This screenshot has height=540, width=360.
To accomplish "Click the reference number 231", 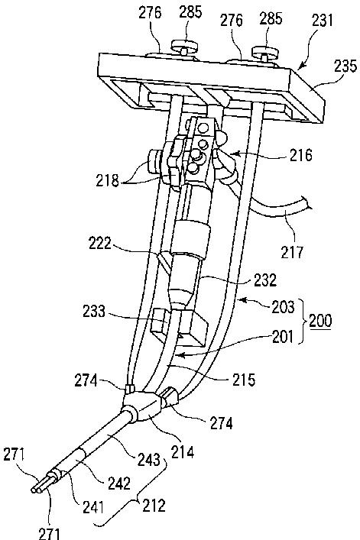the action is coord(323,20).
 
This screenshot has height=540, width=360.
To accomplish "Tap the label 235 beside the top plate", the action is coord(345,65).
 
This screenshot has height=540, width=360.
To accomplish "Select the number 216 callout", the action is coord(301,155).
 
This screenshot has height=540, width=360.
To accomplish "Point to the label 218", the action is coord(108,180).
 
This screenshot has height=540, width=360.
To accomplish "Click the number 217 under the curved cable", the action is coord(293,253).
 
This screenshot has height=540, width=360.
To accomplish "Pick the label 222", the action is coord(100,244).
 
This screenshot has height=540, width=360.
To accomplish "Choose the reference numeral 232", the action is coord(265,280).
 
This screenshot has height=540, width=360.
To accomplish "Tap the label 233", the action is coord(94,312).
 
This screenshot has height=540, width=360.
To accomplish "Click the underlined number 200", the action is coord(321,321).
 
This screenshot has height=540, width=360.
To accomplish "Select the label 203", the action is coord(283,307).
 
